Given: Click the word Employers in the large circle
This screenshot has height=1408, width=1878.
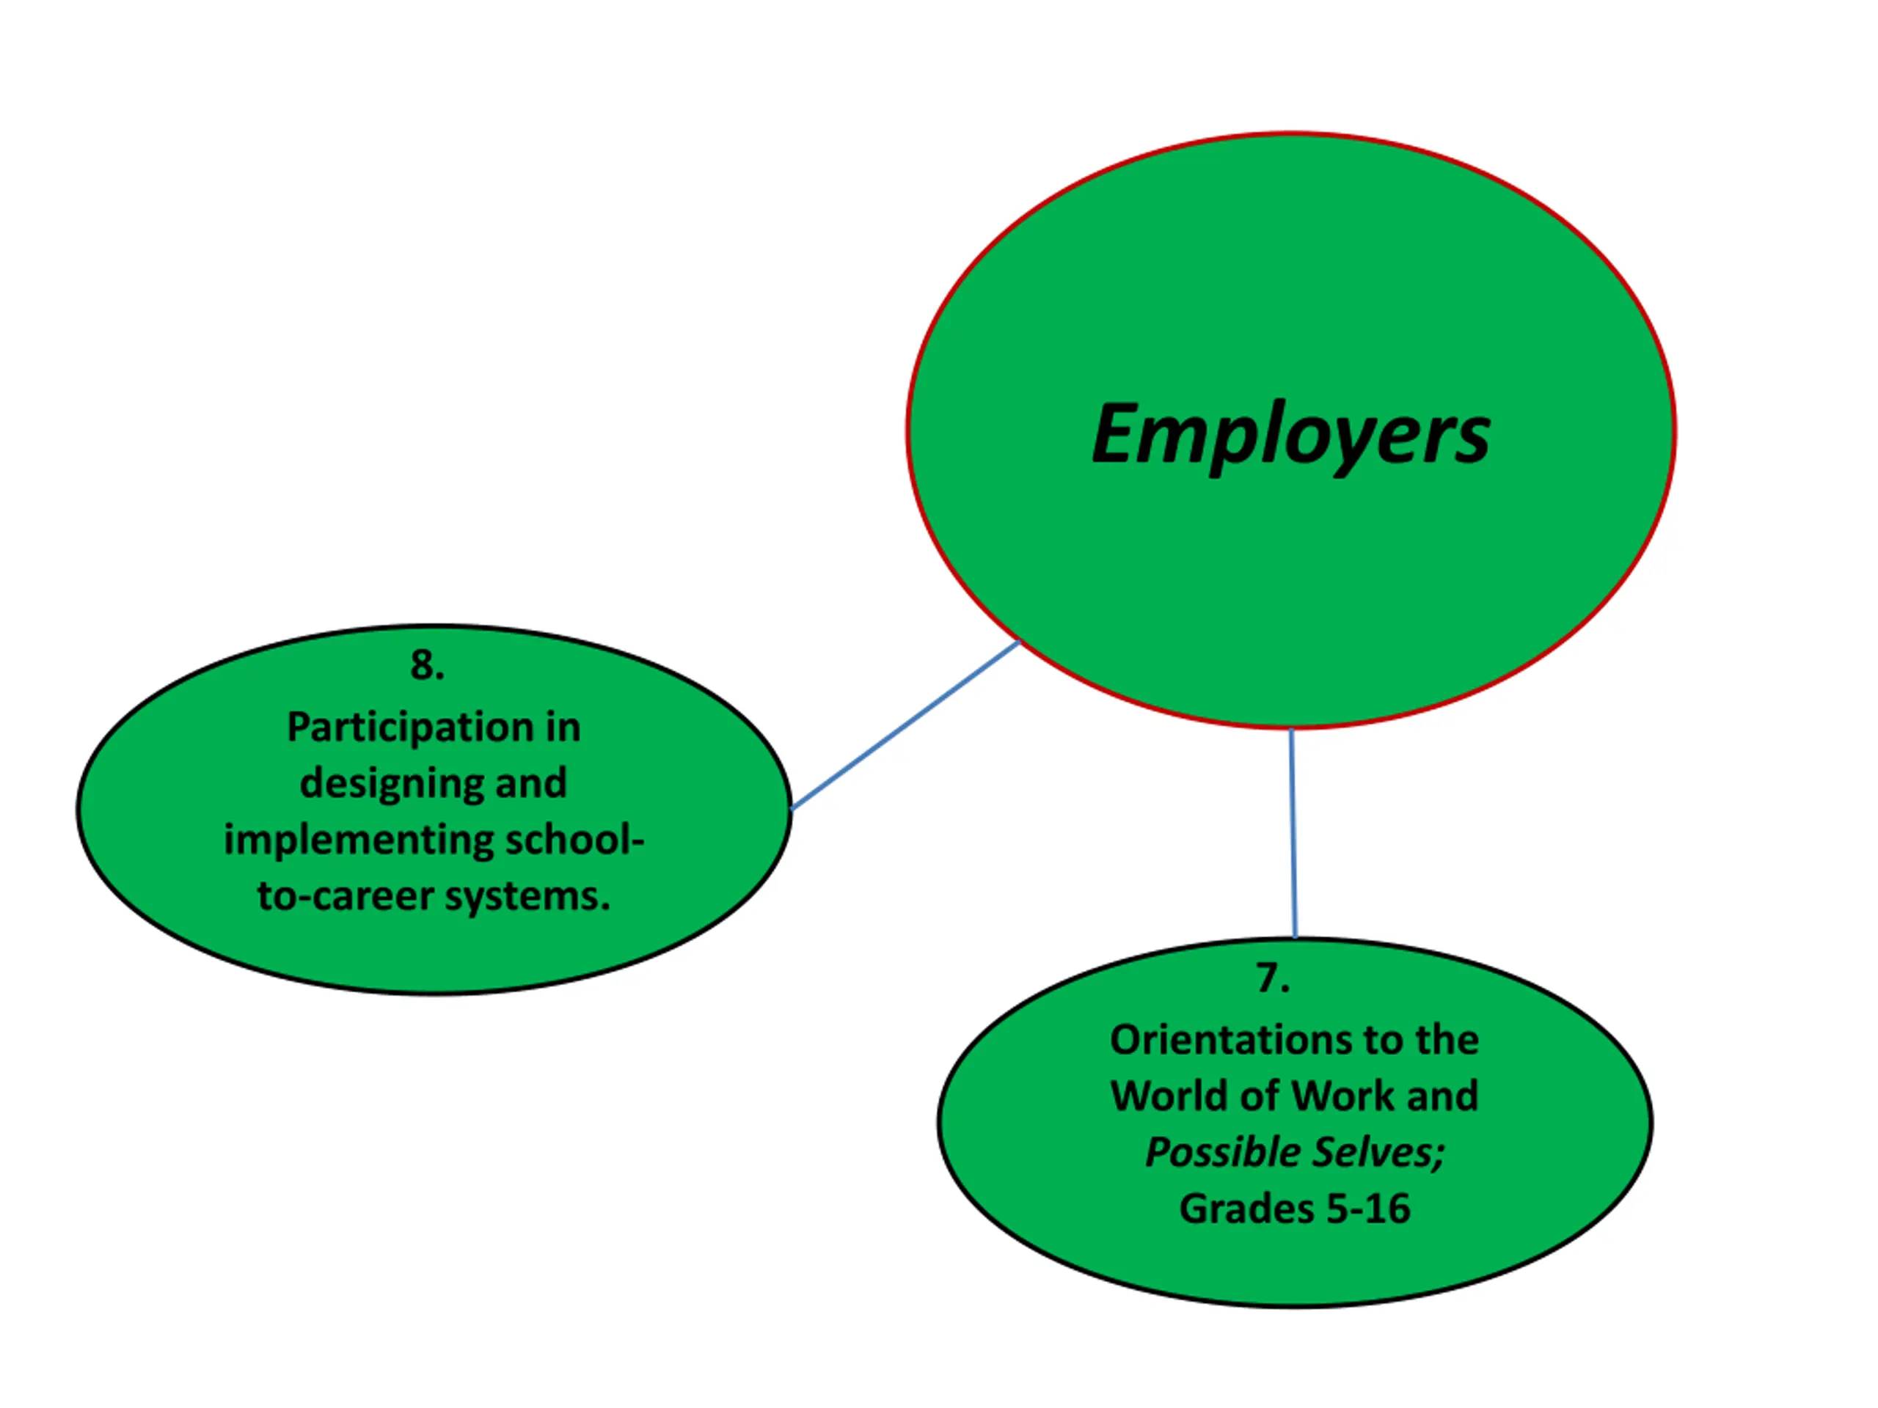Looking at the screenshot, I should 1290,435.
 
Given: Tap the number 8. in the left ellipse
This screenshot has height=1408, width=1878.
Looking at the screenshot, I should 426,665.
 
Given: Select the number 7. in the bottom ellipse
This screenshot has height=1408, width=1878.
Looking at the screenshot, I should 1273,978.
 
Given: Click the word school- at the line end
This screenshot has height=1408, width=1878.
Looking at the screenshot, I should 575,840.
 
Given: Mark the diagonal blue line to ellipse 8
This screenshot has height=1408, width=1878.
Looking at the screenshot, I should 905,726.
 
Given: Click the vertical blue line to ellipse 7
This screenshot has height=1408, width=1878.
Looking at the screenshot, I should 1293,832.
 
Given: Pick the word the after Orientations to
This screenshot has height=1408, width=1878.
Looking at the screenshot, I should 1447,1041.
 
